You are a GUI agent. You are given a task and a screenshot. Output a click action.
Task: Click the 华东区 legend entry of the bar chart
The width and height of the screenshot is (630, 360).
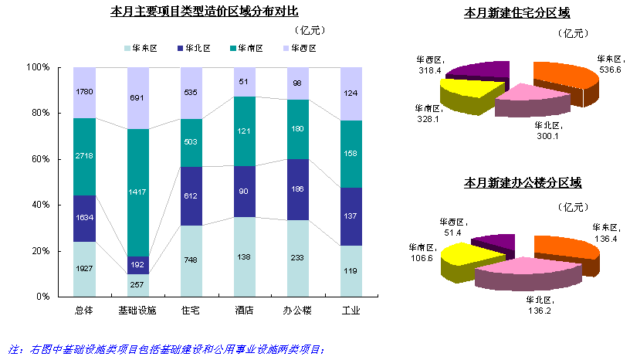click(144, 48)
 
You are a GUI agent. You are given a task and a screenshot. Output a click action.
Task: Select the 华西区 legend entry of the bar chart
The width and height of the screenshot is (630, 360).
click(303, 48)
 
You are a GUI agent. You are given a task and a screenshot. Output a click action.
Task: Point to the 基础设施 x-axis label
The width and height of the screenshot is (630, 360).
click(137, 311)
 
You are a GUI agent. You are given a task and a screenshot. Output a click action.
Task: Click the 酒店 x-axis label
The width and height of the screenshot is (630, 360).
click(245, 311)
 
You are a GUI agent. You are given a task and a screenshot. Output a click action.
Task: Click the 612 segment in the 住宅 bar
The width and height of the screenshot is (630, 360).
click(191, 196)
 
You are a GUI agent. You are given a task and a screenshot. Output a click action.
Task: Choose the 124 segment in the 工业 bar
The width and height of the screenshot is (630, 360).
click(351, 93)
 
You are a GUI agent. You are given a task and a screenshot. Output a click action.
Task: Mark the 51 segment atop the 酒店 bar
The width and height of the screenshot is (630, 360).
click(245, 82)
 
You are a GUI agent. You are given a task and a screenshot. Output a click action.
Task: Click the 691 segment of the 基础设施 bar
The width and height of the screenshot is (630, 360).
click(137, 98)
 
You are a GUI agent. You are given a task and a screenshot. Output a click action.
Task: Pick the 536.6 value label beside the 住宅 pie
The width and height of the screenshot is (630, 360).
click(610, 69)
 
